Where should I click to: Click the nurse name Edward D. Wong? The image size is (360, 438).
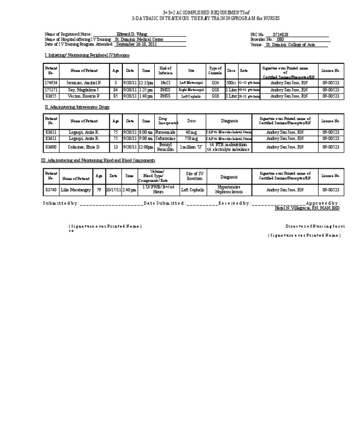[129, 35]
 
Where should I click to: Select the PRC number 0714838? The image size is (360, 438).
[286, 35]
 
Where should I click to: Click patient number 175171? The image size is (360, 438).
[51, 89]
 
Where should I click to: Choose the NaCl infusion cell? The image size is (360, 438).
[165, 83]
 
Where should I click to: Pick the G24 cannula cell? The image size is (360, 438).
[215, 83]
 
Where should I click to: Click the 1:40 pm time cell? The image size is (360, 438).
[146, 96]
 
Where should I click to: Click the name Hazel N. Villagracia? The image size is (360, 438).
[295, 208]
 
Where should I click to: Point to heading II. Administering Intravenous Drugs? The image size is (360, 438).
[76, 107]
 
